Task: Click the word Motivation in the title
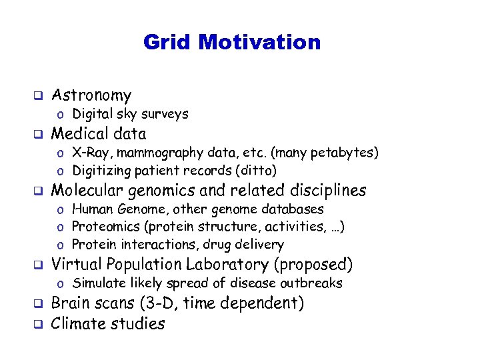tap(260, 43)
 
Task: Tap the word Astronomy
tap(91, 95)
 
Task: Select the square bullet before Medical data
tap(39, 134)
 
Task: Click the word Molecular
tap(87, 191)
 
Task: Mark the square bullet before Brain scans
tap(39, 305)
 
